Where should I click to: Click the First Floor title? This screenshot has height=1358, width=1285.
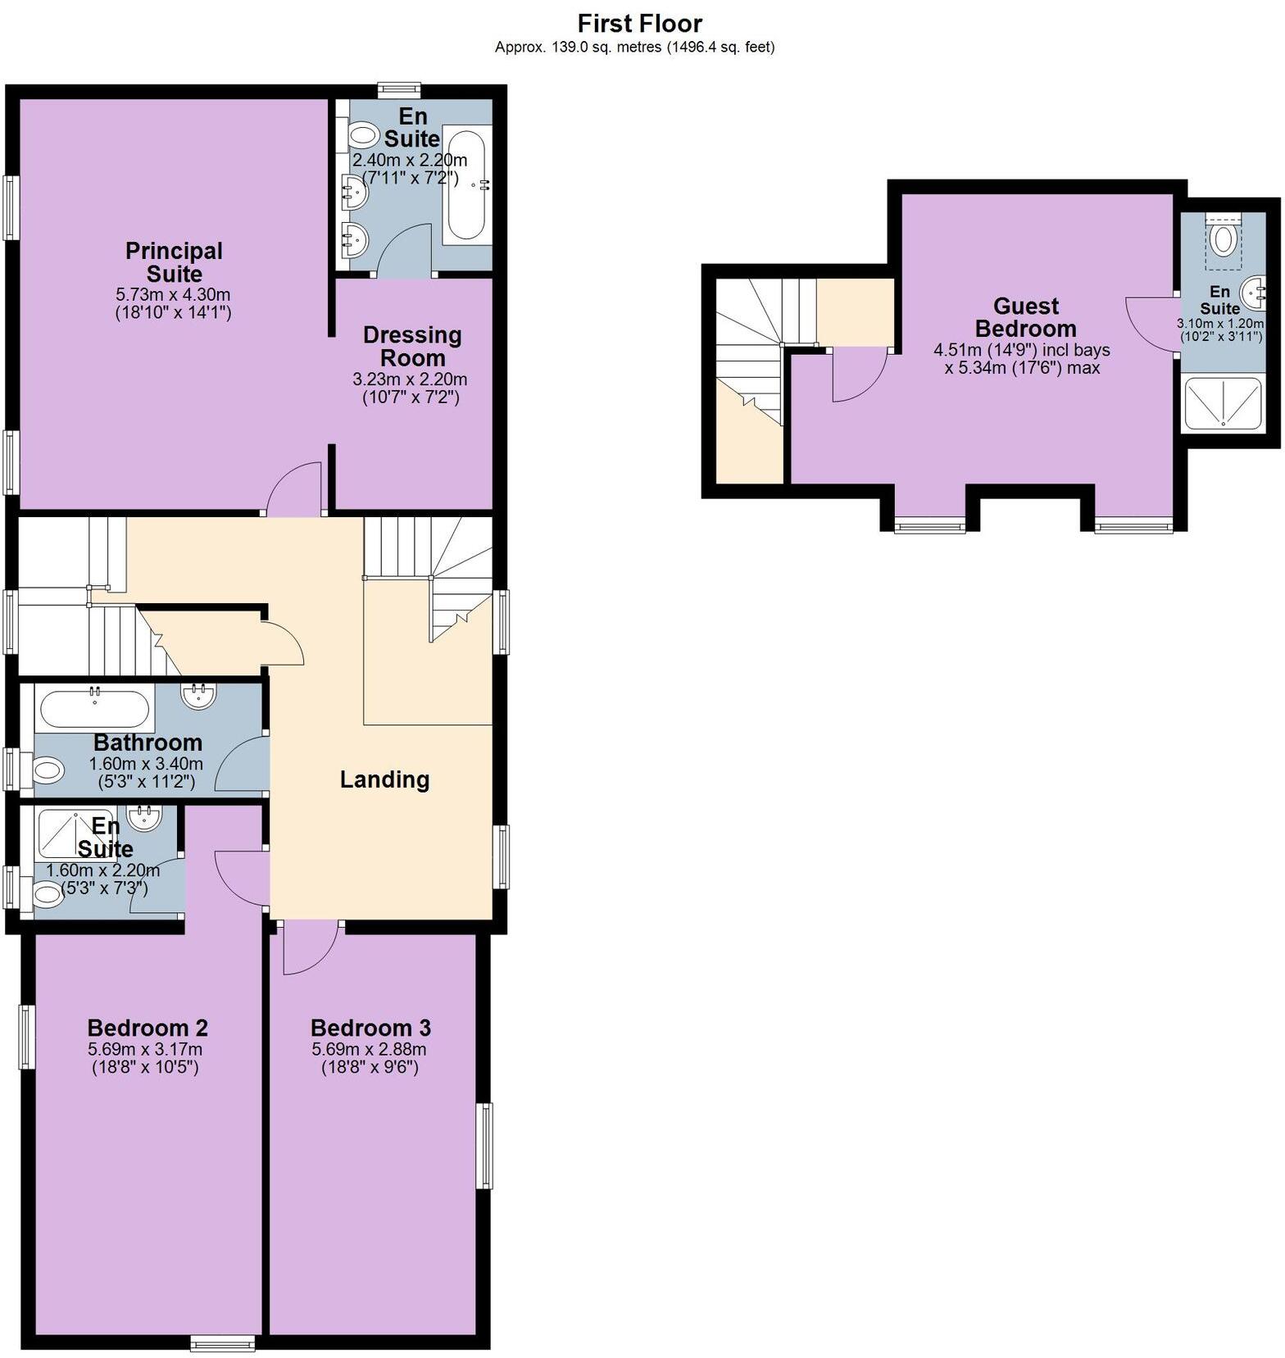pyautogui.click(x=639, y=23)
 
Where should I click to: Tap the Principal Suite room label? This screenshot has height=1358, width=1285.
pyautogui.click(x=174, y=262)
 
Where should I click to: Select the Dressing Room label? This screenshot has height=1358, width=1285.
pyautogui.click(x=412, y=346)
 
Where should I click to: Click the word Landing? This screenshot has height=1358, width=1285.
pyautogui.click(x=384, y=779)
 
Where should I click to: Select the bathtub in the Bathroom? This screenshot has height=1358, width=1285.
pyautogui.click(x=95, y=710)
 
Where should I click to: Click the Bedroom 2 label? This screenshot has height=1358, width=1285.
pyautogui.click(x=148, y=1028)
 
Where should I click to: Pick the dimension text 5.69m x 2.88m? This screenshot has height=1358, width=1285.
pyautogui.click(x=369, y=1050)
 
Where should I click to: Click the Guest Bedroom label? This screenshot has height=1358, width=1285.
pyautogui.click(x=1025, y=317)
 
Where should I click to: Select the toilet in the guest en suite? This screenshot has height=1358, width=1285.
pyautogui.click(x=1224, y=239)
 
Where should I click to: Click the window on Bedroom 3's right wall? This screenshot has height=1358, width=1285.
pyautogui.click(x=485, y=1146)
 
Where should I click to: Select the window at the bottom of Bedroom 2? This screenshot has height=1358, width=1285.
pyautogui.click(x=222, y=1342)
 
